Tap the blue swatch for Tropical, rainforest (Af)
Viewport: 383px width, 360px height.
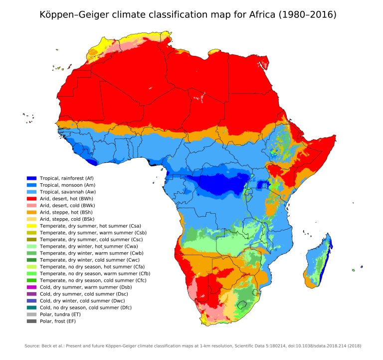click(x=31, y=178)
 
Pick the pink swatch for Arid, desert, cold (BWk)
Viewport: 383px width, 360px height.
click(x=31, y=205)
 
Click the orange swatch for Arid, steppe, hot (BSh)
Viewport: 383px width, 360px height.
click(x=31, y=212)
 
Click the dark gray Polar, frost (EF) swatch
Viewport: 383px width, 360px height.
click(x=31, y=321)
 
